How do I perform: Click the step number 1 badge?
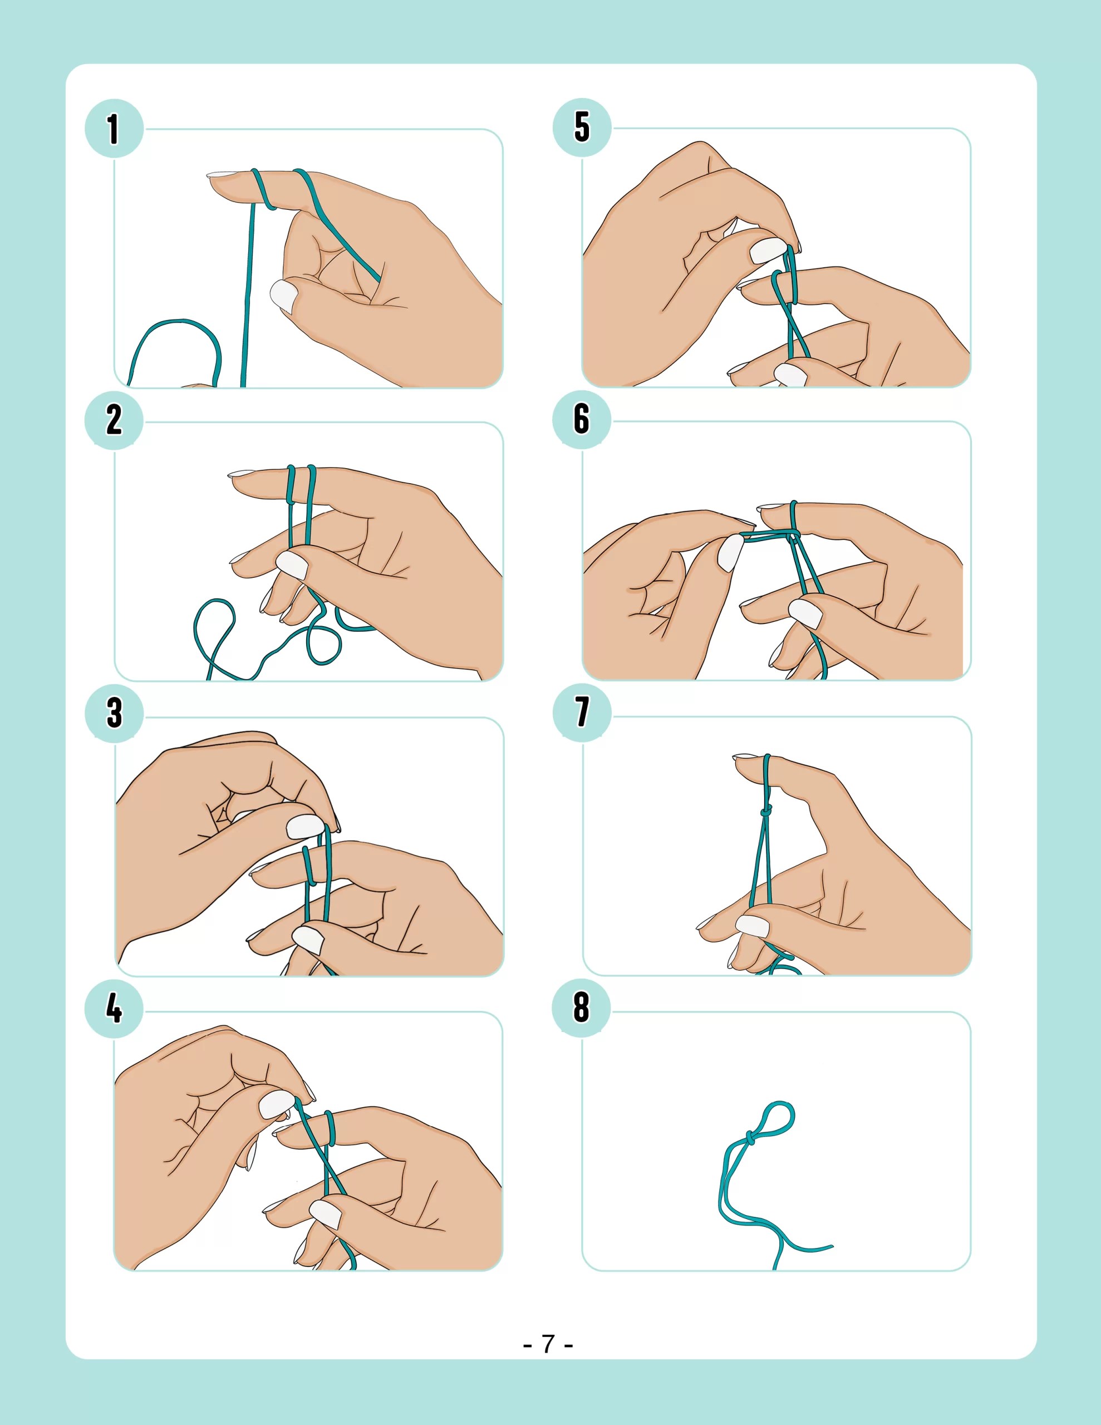pyautogui.click(x=114, y=129)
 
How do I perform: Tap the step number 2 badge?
pyautogui.click(x=114, y=420)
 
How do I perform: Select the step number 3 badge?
pyautogui.click(x=114, y=712)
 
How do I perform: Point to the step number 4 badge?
pyautogui.click(x=114, y=1008)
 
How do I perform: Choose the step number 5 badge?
pyautogui.click(x=582, y=127)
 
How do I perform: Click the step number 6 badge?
pyautogui.click(x=582, y=419)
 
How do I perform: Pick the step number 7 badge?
pyautogui.click(x=582, y=712)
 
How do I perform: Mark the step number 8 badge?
pyautogui.click(x=582, y=1008)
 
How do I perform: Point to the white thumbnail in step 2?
pyautogui.click(x=292, y=564)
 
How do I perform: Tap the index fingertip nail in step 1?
pyautogui.click(x=220, y=174)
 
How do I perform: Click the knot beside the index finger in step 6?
pyautogui.click(x=793, y=537)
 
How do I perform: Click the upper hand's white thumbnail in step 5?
pyautogui.click(x=769, y=250)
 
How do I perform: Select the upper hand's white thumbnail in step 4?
pyautogui.click(x=276, y=1104)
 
